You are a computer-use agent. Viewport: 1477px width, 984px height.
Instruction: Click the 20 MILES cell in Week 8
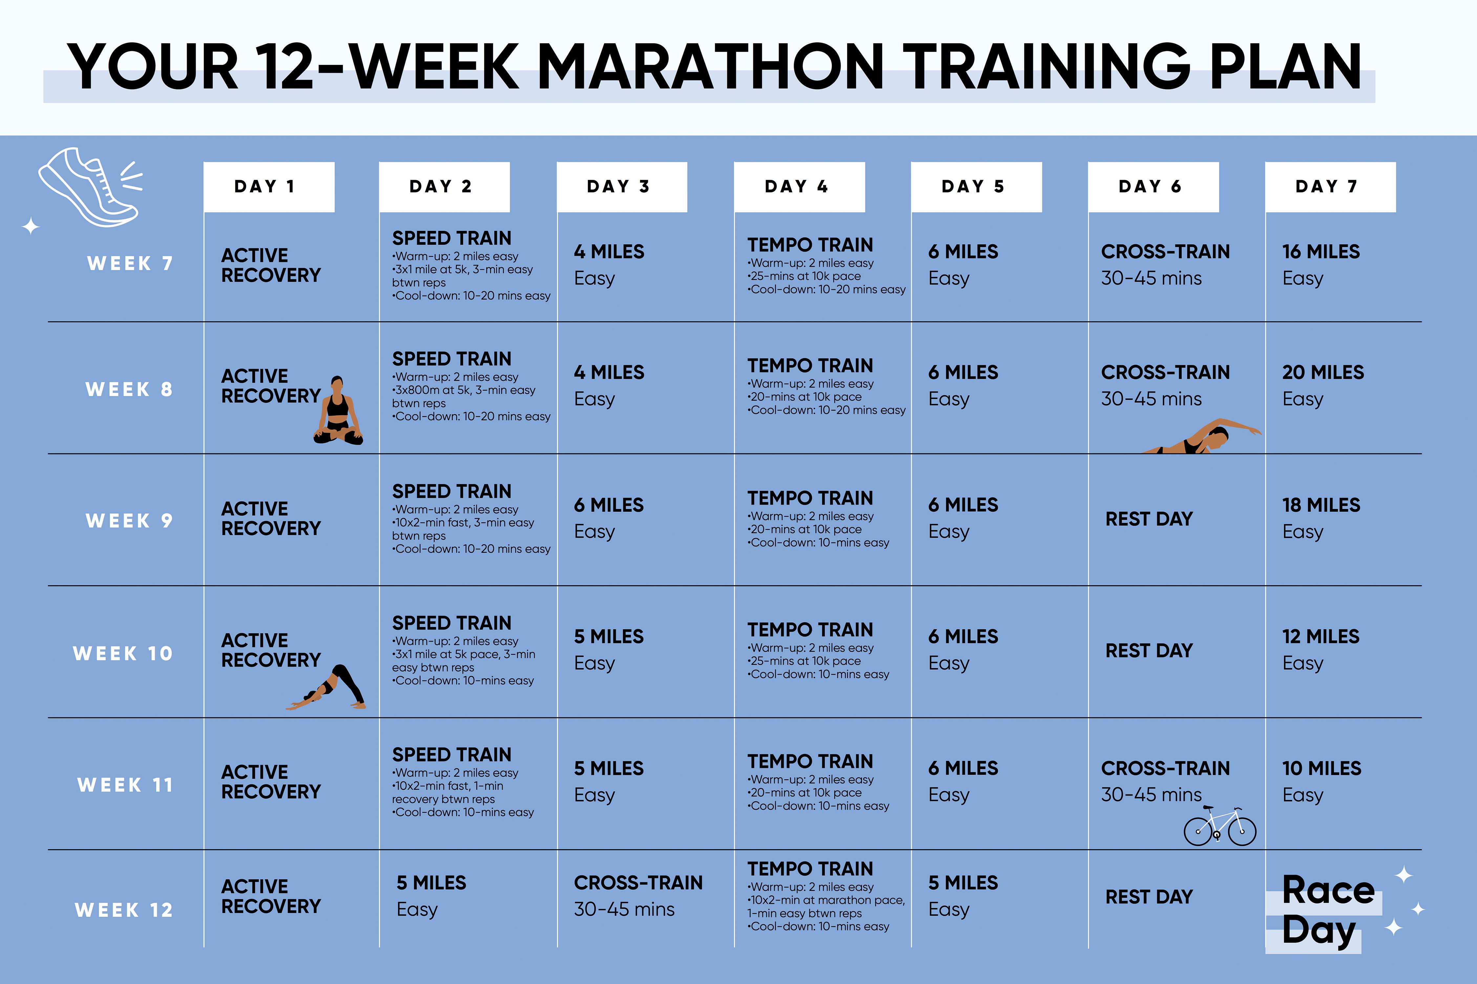pyautogui.click(x=1322, y=373)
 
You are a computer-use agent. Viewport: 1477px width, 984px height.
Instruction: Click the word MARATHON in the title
pyautogui.click(x=710, y=68)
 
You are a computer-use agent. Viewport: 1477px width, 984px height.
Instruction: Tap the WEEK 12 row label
pyautogui.click(x=124, y=910)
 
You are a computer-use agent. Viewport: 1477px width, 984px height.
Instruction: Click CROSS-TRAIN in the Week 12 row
pyautogui.click(x=638, y=883)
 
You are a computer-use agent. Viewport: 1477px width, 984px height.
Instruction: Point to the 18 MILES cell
pyautogui.click(x=1321, y=505)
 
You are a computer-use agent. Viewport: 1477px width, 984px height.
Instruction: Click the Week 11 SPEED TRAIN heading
pyautogui.click(x=452, y=755)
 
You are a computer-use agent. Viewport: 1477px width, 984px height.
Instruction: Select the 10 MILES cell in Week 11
pyautogui.click(x=1321, y=769)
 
